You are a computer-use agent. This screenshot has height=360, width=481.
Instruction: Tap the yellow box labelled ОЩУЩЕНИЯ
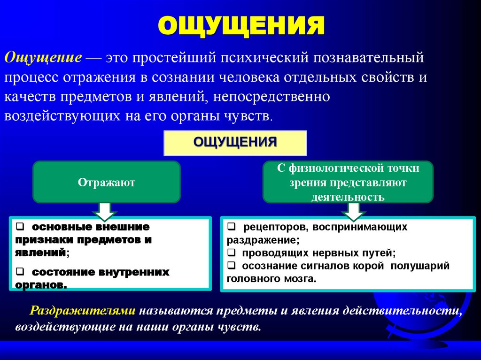point(235,143)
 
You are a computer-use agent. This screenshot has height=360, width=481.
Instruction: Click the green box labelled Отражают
point(106,182)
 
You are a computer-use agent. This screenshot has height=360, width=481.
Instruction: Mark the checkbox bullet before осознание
point(232,266)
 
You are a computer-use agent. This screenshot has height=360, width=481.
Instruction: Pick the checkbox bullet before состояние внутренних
point(20,272)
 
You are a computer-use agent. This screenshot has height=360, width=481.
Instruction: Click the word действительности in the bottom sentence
point(398,311)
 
